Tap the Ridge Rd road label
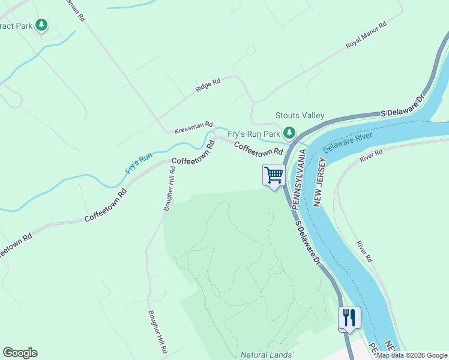click(208, 85)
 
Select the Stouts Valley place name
click(300, 115)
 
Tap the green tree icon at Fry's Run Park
click(290, 132)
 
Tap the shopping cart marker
click(274, 175)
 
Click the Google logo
click(20, 353)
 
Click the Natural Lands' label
click(267, 355)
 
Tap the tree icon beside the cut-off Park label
click(41, 25)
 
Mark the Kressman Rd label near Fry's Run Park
click(193, 128)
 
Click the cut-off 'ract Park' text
click(16, 26)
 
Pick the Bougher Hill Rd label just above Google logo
click(158, 331)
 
